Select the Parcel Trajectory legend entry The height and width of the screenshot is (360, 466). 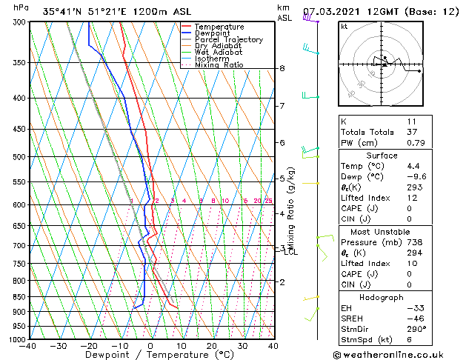(228, 40)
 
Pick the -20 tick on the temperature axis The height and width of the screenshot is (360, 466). (89, 346)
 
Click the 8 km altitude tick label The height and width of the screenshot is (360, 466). (282, 68)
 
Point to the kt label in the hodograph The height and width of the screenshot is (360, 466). (344, 26)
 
